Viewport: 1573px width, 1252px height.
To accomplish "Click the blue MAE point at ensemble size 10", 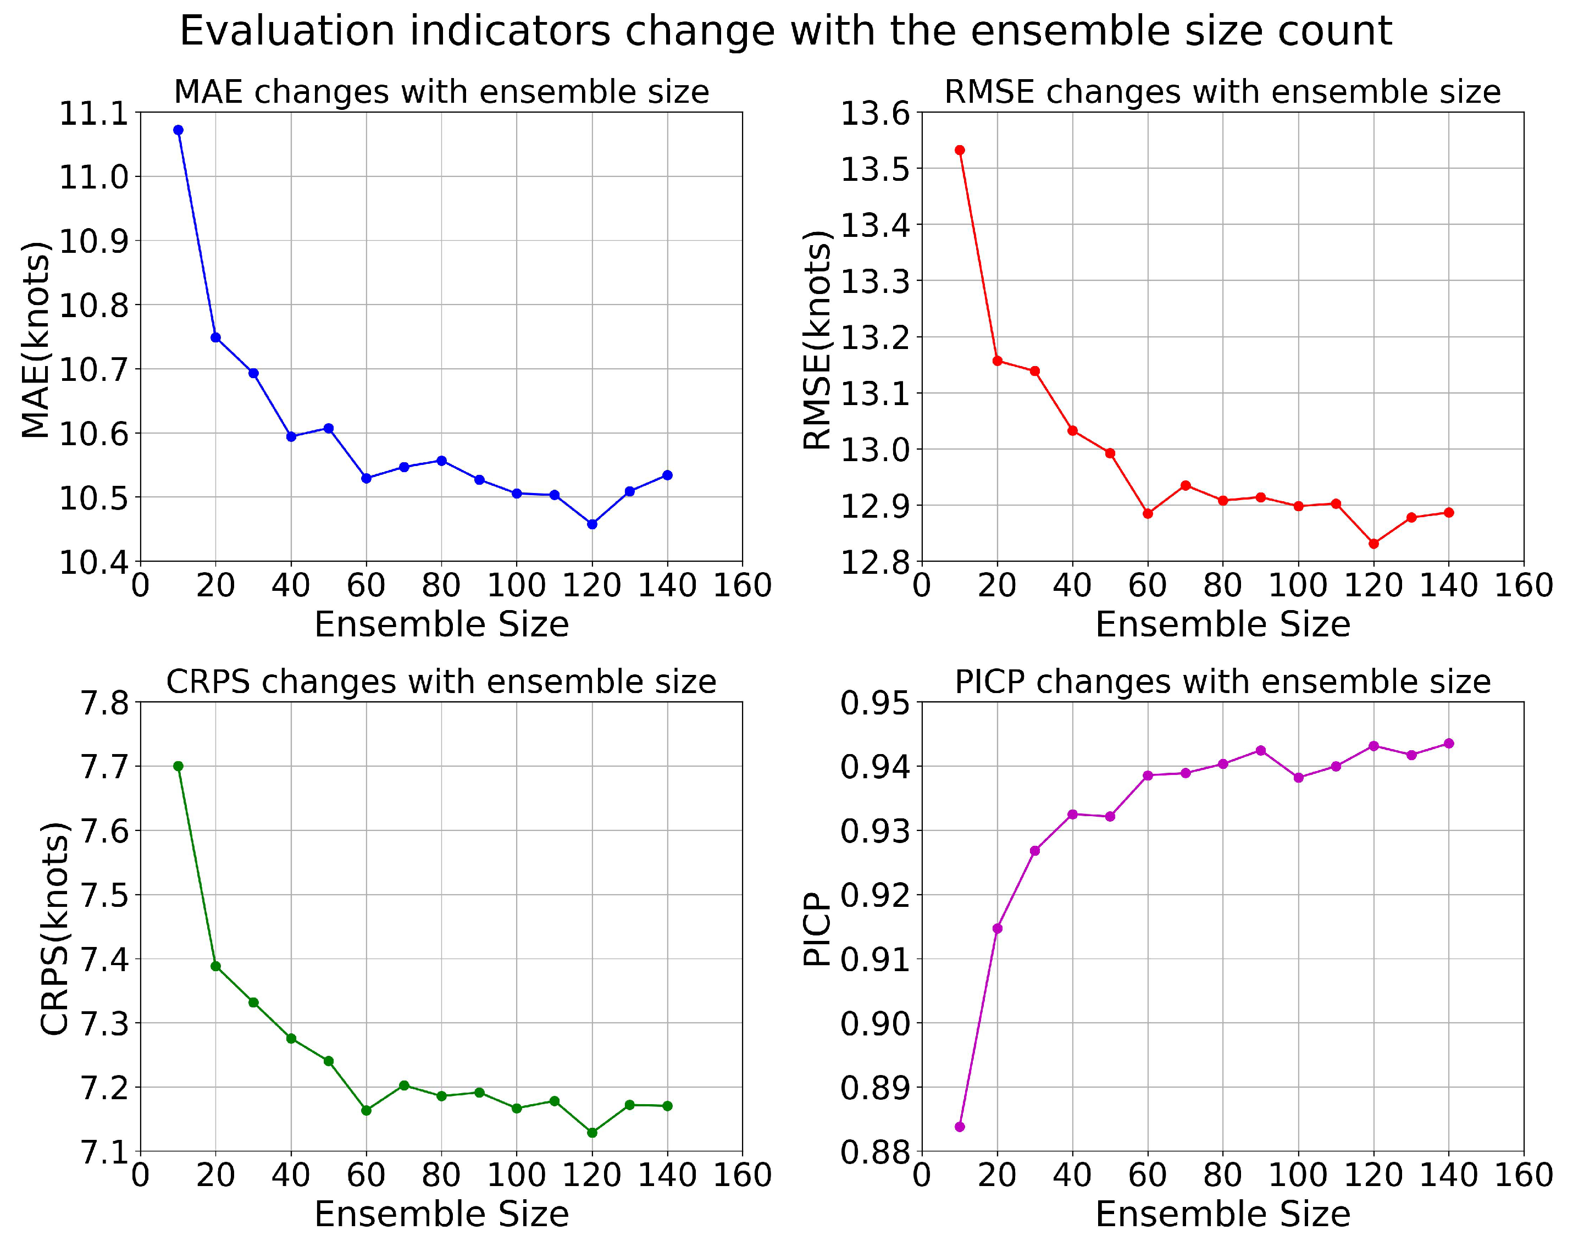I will pos(178,130).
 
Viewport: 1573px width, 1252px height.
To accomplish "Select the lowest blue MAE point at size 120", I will pos(592,524).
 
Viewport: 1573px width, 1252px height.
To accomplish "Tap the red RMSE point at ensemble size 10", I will pos(960,150).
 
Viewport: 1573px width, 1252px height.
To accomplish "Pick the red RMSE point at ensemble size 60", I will pos(1148,514).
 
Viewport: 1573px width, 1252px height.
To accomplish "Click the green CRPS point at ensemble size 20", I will pos(215,966).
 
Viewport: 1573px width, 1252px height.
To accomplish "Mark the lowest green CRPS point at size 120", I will pos(592,1132).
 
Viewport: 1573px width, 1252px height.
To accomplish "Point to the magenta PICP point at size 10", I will pos(960,1127).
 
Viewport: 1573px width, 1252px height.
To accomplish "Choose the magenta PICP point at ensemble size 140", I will pos(1448,744).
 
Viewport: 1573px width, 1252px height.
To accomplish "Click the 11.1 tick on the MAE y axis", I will pos(92,114).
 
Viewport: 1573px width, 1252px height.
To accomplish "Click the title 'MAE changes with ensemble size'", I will pos(441,92).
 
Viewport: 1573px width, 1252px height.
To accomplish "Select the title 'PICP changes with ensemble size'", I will pos(1223,682).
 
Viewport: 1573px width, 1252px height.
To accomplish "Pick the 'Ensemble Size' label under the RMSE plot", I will pos(1223,624).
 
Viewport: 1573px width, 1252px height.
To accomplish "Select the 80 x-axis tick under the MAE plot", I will pos(441,585).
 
